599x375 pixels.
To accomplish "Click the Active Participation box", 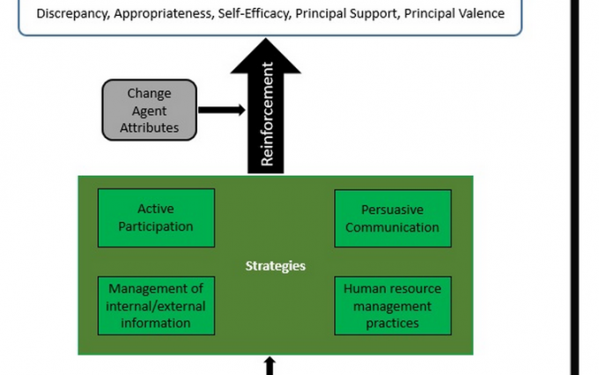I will [156, 217].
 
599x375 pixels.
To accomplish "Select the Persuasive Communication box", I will [392, 218].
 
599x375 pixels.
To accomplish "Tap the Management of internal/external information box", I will [156, 305].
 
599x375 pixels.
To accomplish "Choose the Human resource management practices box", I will [392, 305].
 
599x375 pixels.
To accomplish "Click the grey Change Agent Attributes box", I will [149, 110].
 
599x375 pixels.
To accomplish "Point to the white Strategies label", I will [275, 266].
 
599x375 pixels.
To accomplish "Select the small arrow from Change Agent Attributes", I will [221, 110].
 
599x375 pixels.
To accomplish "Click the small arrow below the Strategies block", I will [270, 364].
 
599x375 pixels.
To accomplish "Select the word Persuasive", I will [393, 210].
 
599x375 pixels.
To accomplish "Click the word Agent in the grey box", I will [149, 110].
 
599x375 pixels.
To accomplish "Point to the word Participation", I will [156, 226].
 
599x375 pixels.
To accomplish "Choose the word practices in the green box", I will [392, 322].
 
